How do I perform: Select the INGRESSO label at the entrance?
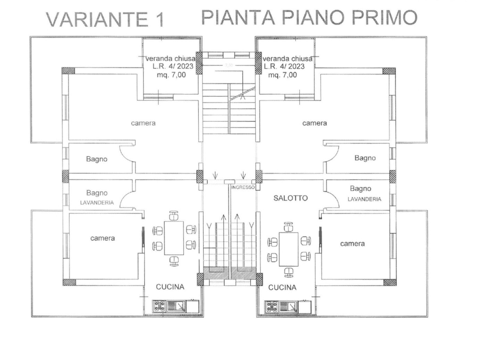coord(243,187)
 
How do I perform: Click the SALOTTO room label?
coord(290,198)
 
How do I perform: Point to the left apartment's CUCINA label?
coord(170,287)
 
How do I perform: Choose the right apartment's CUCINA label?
coord(282,287)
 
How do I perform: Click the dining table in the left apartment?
coord(174,237)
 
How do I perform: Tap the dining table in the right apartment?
coord(288,249)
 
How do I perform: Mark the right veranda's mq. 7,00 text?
coord(283,75)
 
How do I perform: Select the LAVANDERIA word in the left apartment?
coord(97,203)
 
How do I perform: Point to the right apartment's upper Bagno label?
coord(365,158)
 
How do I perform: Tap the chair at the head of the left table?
coord(174,215)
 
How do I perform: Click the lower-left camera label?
coord(102,238)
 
